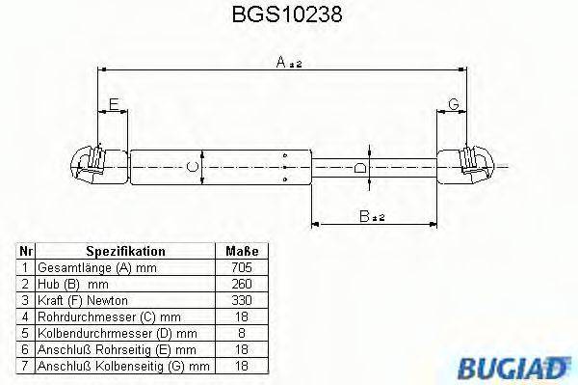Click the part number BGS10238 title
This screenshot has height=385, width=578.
click(x=288, y=15)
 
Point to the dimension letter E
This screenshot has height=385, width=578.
click(x=113, y=104)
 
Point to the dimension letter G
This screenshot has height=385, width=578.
click(x=452, y=104)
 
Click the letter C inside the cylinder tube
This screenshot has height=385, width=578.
click(x=192, y=167)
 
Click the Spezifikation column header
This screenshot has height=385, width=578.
click(x=125, y=250)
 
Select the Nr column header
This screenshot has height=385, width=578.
click(x=27, y=250)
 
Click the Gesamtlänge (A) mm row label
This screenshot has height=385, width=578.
click(x=96, y=267)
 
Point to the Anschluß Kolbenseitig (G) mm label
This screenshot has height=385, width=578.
click(x=123, y=367)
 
